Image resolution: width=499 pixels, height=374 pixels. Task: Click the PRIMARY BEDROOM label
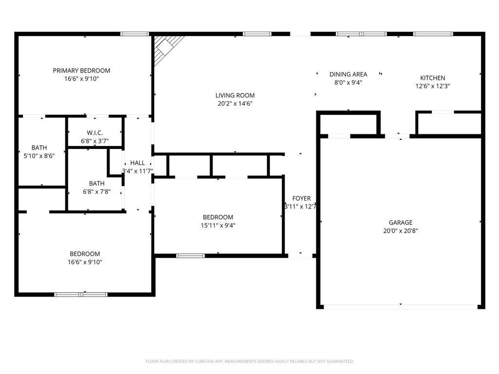coord(81,71)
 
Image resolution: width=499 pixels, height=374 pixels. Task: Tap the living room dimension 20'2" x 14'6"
coord(235,103)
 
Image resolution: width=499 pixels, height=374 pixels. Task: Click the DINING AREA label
coord(348,74)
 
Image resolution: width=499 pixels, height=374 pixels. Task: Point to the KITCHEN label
coord(432,78)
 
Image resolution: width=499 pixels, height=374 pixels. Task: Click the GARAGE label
coord(401,223)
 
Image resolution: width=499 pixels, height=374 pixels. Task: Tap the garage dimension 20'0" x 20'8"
coord(401,231)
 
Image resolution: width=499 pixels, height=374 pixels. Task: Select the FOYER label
coord(301,198)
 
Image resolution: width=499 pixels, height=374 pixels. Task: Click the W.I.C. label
coord(95,133)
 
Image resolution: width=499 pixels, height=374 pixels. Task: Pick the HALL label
coord(137,163)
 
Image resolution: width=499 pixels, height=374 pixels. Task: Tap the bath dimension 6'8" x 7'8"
coord(96,191)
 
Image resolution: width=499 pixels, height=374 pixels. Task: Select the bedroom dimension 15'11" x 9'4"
coord(218,225)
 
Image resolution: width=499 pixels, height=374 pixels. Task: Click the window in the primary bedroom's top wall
coord(135,34)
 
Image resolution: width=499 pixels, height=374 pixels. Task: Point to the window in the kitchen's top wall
coord(433,34)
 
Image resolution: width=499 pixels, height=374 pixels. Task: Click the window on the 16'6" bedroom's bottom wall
coord(81,294)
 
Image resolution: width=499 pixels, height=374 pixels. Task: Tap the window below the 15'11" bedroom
coord(190,255)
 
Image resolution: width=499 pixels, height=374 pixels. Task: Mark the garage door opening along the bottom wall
coord(401,307)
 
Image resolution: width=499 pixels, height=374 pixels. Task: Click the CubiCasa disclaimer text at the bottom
coord(249,361)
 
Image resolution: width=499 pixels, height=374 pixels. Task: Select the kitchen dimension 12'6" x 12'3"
coord(432,86)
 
